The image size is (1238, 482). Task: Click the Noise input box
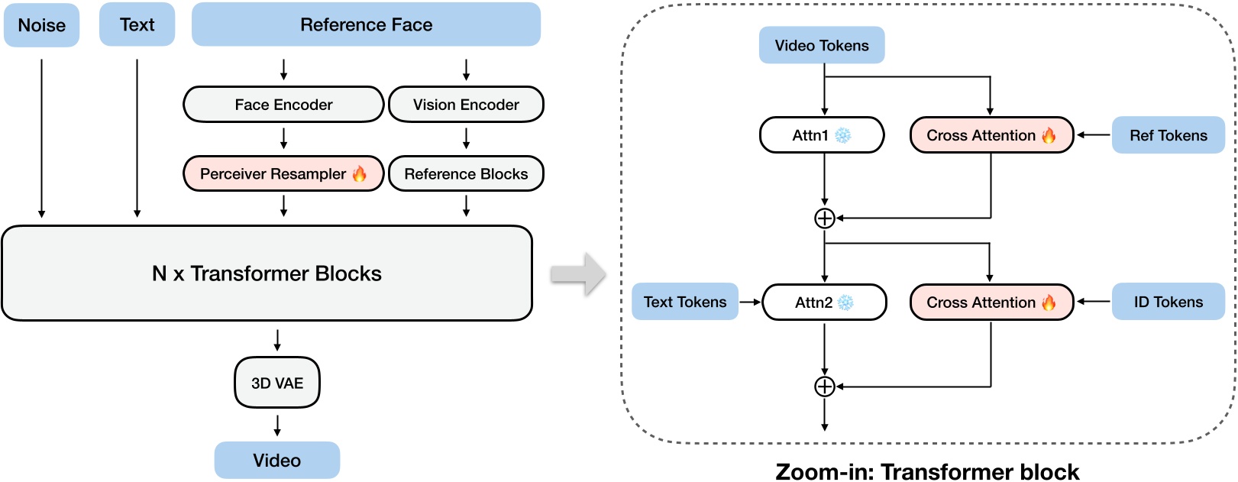click(41, 25)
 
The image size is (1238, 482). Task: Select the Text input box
click(137, 24)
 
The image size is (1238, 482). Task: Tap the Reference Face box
click(366, 24)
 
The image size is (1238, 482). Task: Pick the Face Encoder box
click(283, 105)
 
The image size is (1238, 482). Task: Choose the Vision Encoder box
click(466, 105)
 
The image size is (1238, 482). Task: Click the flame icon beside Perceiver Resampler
click(359, 173)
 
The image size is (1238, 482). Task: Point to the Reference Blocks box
click(466, 174)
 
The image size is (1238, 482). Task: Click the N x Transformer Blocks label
click(267, 273)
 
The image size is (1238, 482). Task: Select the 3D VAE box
click(277, 383)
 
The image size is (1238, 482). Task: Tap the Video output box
click(276, 461)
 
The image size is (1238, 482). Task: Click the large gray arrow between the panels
click(578, 273)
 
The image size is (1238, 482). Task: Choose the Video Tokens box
click(822, 45)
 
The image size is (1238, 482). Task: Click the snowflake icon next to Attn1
click(843, 135)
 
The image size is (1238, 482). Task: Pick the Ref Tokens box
click(1168, 135)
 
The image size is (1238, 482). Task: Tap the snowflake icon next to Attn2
click(845, 302)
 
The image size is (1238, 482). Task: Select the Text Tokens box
click(685, 302)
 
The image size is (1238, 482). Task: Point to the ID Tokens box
click(1168, 302)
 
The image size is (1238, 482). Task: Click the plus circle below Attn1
click(825, 218)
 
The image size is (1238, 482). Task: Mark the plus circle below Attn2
click(825, 387)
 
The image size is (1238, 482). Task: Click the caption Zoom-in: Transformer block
click(927, 471)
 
